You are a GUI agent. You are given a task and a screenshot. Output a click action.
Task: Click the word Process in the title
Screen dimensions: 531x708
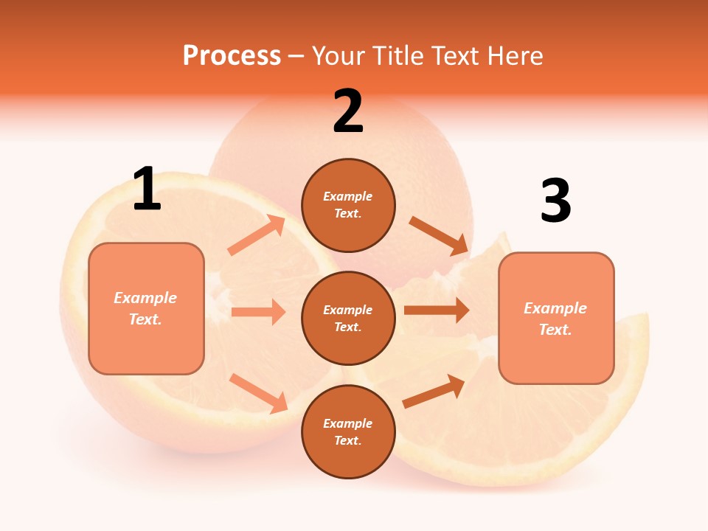(x=232, y=56)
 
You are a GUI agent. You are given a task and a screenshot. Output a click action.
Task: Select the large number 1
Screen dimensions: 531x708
(x=147, y=189)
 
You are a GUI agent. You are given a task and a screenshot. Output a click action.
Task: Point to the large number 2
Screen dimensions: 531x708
(x=348, y=111)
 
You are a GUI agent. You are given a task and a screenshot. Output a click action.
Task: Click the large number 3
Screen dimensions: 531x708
(x=555, y=201)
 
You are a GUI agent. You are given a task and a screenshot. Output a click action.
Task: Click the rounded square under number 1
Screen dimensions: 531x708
(x=146, y=308)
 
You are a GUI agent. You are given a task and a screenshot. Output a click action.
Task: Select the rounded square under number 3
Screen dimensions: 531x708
(x=556, y=318)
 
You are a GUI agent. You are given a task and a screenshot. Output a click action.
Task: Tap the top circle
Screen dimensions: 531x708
(x=348, y=205)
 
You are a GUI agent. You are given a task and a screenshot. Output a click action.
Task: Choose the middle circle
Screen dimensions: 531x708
(x=348, y=318)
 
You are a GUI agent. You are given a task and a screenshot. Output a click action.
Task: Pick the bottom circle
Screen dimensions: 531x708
(x=348, y=431)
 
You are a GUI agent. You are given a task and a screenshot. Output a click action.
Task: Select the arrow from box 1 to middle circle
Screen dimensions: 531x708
(x=258, y=312)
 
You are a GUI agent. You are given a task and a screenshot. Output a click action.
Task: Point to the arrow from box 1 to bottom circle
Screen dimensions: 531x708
(x=258, y=392)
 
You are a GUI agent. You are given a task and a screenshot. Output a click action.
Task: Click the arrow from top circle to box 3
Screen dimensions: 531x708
(x=439, y=236)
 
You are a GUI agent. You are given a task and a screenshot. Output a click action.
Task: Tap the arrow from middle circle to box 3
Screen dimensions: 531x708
(x=437, y=310)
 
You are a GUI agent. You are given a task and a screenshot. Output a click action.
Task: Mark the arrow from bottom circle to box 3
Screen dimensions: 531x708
(x=434, y=391)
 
